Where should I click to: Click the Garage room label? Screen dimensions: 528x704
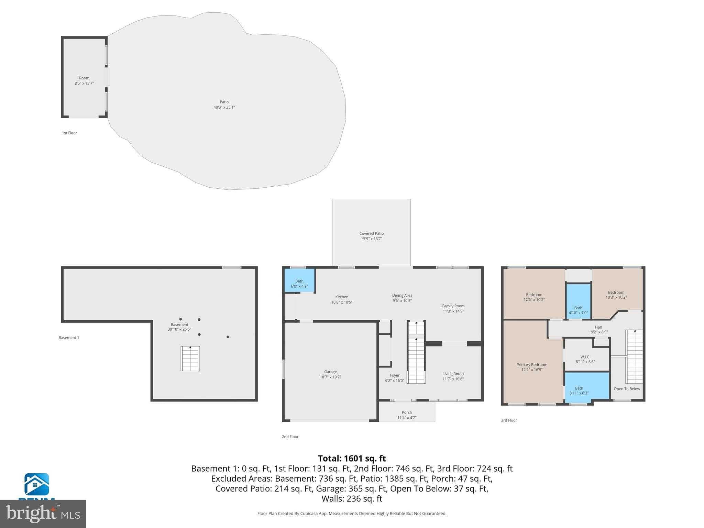[330, 372]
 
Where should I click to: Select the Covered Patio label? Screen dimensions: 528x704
[371, 234]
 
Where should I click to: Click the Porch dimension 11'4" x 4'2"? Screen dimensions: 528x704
[407, 418]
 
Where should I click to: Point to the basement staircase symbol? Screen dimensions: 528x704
[190, 359]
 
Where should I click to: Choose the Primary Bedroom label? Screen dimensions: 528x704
[531, 365]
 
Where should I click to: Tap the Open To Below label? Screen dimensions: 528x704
[627, 389]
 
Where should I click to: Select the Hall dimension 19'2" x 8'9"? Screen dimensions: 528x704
[598, 332]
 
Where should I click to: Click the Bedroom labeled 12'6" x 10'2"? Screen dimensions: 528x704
[534, 295]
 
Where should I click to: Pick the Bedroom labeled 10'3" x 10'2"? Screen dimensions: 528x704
[616, 293]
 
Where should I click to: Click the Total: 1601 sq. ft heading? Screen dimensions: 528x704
[352, 459]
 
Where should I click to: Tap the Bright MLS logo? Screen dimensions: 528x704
[43, 514]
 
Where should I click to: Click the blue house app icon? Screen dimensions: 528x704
[36, 484]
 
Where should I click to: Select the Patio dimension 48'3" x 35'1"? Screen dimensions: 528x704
[224, 107]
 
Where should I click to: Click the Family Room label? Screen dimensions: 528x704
[453, 306]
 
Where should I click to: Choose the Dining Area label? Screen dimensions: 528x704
[402, 296]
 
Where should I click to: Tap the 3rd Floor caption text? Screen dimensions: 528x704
[509, 420]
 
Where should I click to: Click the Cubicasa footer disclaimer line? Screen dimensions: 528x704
[352, 514]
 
